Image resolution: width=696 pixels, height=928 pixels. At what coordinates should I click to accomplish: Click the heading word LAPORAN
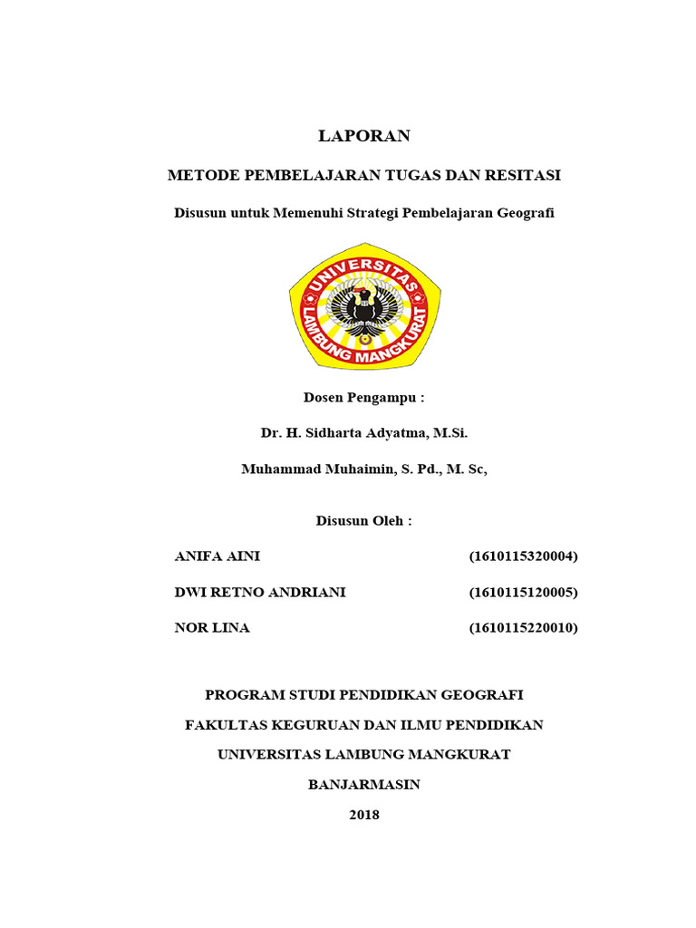[364, 136]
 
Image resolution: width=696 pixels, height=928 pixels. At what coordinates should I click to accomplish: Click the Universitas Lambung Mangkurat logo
[365, 305]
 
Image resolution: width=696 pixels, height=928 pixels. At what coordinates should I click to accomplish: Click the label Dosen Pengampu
[364, 398]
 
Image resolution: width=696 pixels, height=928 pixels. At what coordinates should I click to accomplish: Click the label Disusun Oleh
[364, 521]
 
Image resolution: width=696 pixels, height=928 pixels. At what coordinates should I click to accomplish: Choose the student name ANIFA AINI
[217, 556]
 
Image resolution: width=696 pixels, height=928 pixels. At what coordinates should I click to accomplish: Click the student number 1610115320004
[524, 556]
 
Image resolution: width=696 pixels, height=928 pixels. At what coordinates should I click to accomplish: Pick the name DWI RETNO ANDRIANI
[259, 593]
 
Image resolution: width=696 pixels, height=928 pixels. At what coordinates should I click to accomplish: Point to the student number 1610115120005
[524, 593]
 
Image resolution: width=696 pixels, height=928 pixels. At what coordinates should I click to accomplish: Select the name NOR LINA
[212, 628]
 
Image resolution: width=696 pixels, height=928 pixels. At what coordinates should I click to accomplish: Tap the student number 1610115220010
[524, 628]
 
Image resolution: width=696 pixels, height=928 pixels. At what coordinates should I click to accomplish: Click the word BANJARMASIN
[364, 785]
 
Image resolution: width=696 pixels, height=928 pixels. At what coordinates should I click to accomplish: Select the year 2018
[364, 815]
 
